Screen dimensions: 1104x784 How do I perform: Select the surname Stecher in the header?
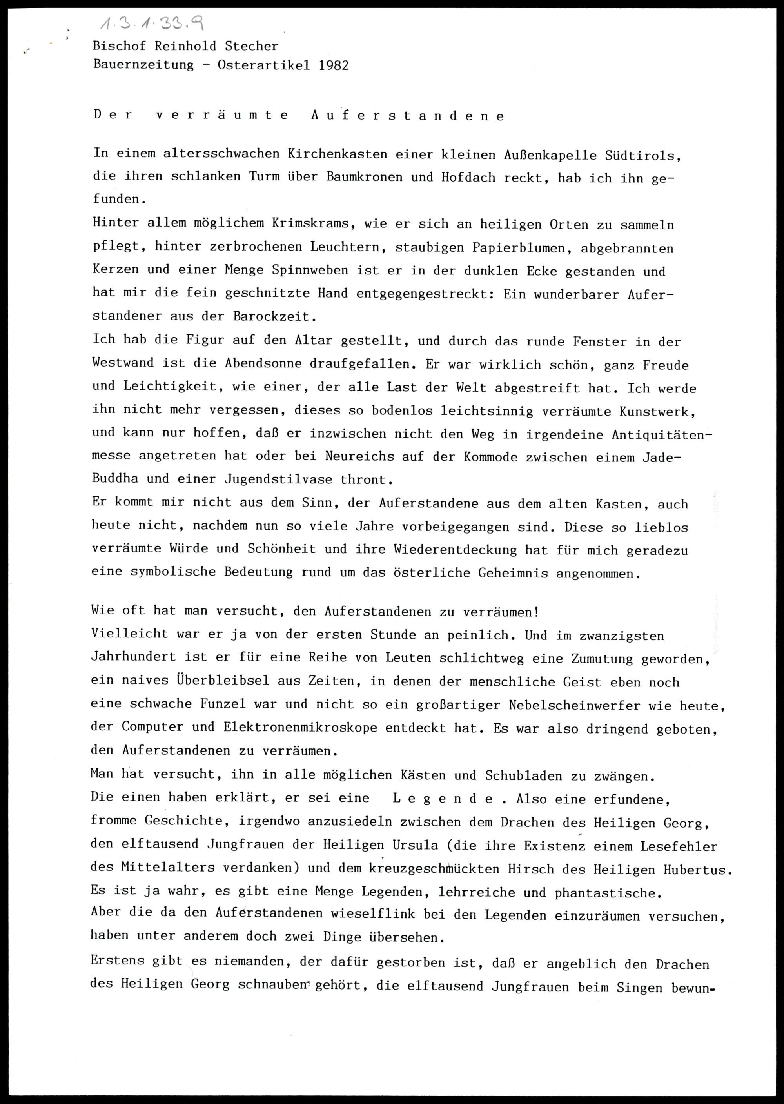252,46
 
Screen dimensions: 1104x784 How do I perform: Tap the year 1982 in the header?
333,65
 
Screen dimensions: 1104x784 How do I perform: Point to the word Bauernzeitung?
143,65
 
